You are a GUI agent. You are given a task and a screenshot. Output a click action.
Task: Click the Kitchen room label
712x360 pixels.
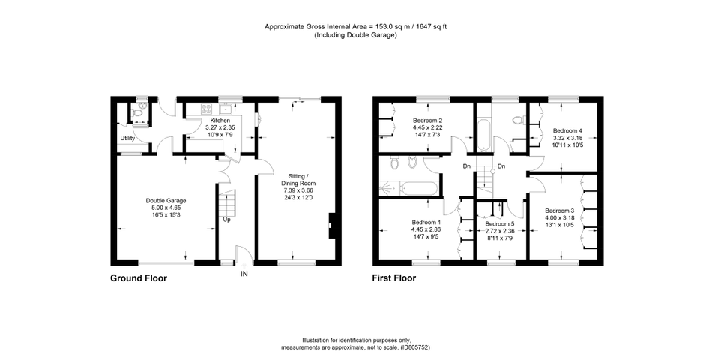[220, 121]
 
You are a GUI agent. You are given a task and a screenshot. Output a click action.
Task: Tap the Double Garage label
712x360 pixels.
[166, 201]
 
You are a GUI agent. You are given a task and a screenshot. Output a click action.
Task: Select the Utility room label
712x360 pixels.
[127, 138]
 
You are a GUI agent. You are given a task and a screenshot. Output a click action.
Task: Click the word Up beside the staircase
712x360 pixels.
[226, 220]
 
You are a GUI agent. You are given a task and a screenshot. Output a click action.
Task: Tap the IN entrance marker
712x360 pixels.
[244, 274]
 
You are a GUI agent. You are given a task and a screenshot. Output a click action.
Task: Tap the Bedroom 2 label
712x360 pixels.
[427, 121]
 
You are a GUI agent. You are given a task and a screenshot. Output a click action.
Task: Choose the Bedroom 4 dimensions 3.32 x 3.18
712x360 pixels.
[567, 138]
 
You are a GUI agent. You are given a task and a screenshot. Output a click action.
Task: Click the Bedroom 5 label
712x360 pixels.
[500, 224]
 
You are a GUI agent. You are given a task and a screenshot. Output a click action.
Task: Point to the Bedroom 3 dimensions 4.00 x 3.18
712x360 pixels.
[560, 218]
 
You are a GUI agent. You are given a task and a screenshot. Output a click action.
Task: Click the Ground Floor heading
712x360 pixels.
[139, 278]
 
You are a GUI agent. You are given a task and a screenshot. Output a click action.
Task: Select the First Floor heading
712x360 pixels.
[394, 278]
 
